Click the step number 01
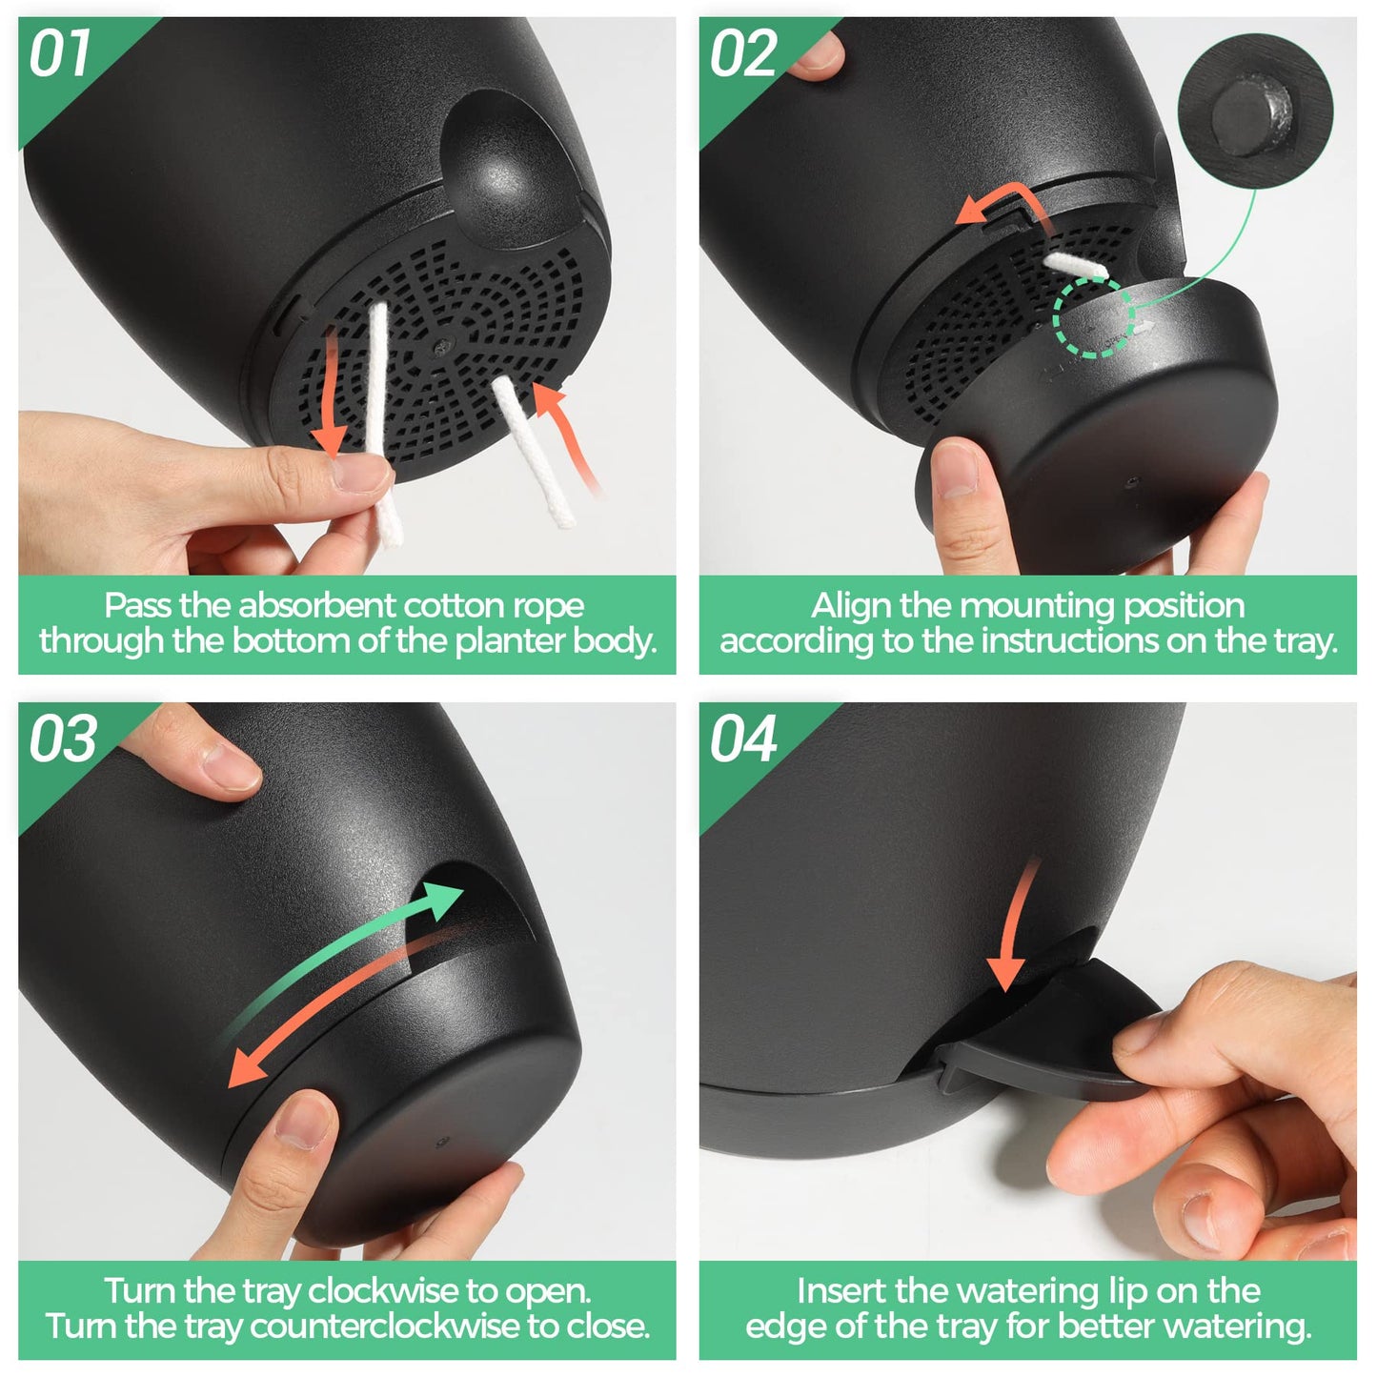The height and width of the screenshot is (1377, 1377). [60, 52]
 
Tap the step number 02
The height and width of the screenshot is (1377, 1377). [743, 52]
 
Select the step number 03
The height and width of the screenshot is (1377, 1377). [63, 739]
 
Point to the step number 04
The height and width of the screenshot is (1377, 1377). [743, 739]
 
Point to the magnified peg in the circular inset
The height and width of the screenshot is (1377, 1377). [1250, 114]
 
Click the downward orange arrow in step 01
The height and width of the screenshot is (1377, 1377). [330, 393]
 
